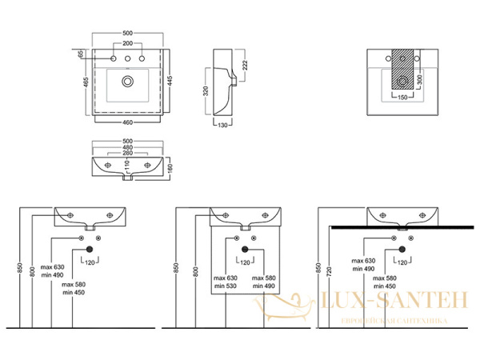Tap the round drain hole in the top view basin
(127, 81)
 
